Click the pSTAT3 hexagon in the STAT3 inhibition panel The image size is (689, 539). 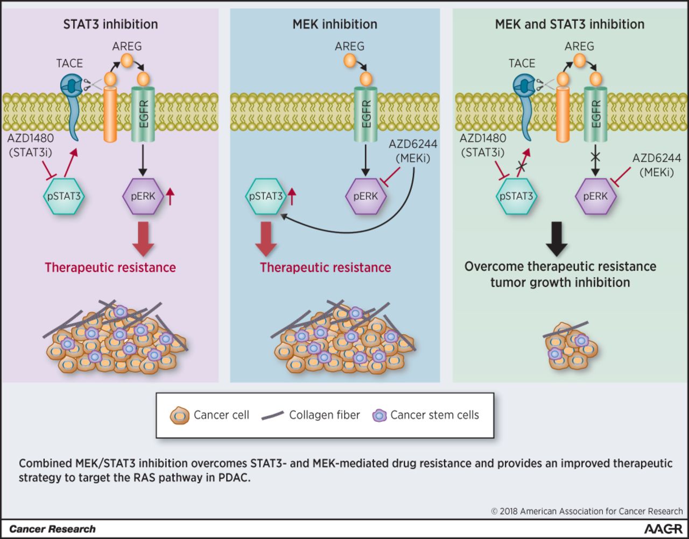(64, 196)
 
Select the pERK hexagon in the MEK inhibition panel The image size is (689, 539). (365, 196)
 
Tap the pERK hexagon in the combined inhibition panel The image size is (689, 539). (595, 196)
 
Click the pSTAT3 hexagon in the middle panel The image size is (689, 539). (266, 196)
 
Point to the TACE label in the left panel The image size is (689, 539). (69, 63)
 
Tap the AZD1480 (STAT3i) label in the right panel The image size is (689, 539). (482, 145)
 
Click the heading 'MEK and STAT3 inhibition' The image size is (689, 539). (570, 24)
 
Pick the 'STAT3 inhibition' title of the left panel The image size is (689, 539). (110, 24)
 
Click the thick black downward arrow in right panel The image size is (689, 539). (557, 238)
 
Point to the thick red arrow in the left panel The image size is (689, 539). (143, 238)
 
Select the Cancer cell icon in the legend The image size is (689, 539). (179, 416)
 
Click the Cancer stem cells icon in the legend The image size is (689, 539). (379, 416)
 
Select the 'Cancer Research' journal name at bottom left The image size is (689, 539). (52, 529)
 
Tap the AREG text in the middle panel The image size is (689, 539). (349, 46)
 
